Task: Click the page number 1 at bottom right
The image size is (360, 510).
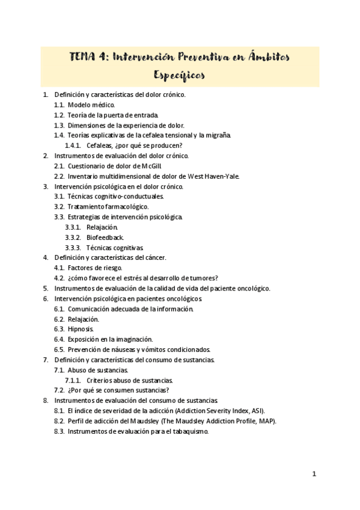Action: coord(314,474)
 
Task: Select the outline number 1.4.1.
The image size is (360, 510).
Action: coord(73,146)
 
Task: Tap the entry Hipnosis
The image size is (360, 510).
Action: coord(81,330)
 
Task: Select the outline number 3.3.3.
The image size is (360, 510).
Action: coord(73,248)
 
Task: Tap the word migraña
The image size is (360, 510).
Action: coord(217,135)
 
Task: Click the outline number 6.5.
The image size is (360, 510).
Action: coord(59,349)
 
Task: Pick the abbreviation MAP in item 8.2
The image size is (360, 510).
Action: coord(267,421)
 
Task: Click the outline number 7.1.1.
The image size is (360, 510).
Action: coord(73,380)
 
